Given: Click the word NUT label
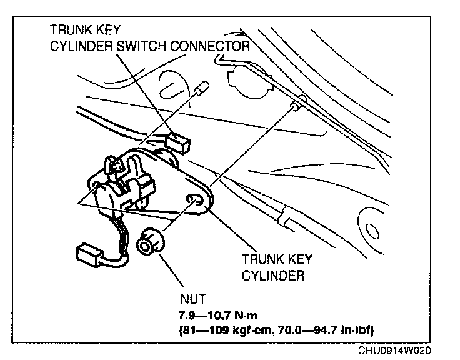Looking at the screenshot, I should pos(194,299).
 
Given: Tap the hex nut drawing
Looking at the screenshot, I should pos(149,243).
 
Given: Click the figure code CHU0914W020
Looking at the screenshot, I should pos(395,352).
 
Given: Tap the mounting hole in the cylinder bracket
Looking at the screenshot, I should pos(195,200).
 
